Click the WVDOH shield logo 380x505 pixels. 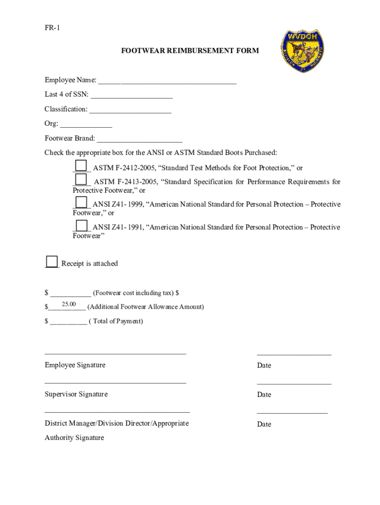click(x=302, y=51)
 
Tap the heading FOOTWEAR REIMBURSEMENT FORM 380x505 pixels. click(x=190, y=51)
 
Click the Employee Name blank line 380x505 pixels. click(x=167, y=80)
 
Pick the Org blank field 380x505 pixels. click(x=86, y=124)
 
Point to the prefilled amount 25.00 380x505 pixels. click(x=69, y=304)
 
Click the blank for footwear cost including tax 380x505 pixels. click(x=70, y=293)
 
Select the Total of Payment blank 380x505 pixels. click(x=68, y=321)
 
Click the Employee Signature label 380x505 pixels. click(x=75, y=365)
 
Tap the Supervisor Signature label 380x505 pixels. click(x=76, y=394)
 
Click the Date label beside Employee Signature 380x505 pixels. click(x=264, y=365)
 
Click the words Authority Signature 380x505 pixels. click(x=75, y=437)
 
